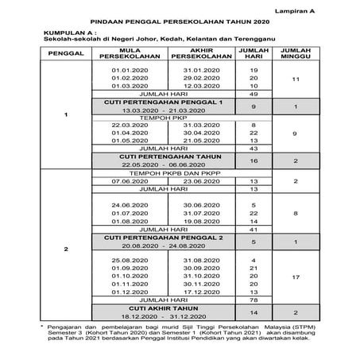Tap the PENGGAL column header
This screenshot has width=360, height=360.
pyautogui.click(x=66, y=56)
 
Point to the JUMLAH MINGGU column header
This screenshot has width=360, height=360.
pyautogui.click(x=296, y=56)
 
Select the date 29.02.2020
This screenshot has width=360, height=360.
pyautogui.click(x=192, y=78)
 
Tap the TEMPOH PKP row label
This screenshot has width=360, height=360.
pyautogui.click(x=160, y=117)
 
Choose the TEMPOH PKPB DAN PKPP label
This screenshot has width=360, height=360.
pyautogui.click(x=160, y=172)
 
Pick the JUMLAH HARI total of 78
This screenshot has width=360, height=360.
pyautogui.click(x=254, y=300)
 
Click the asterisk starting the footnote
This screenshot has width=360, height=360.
pyautogui.click(x=41, y=327)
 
